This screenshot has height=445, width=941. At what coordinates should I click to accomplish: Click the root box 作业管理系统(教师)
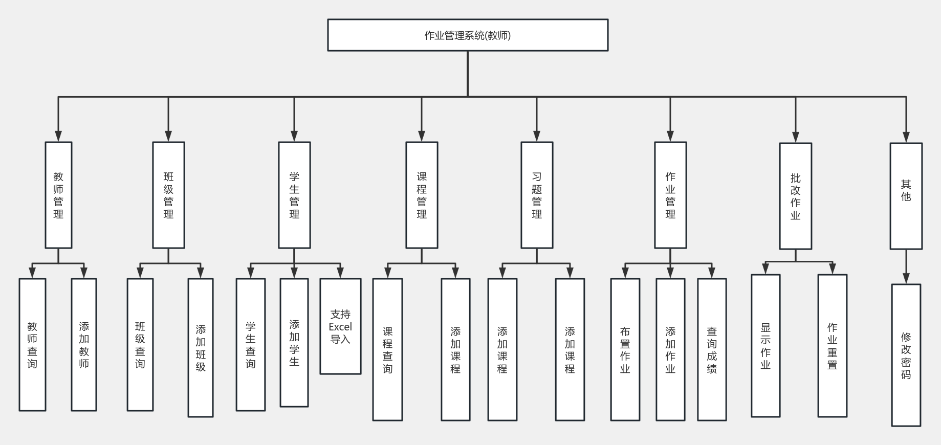point(468,35)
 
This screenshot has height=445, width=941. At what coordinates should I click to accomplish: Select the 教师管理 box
point(58,195)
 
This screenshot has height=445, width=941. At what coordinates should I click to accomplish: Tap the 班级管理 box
point(168,195)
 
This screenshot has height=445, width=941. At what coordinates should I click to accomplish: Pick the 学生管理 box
point(294,195)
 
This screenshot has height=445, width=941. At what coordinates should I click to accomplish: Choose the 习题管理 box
point(537,195)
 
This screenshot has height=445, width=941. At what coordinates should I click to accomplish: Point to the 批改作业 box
point(795,196)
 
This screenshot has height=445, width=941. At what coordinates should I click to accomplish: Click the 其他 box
point(906,196)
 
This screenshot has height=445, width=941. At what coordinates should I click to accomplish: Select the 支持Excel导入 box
point(340,326)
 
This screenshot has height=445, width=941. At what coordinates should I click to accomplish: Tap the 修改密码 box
point(906,355)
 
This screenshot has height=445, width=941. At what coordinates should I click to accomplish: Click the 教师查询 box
point(32,344)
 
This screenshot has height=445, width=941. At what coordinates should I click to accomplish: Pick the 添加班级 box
point(201,347)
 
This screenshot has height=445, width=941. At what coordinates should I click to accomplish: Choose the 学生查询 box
point(250,344)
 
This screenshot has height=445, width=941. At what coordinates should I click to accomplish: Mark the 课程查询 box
point(387,349)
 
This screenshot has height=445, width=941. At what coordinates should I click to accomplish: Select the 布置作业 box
point(625,349)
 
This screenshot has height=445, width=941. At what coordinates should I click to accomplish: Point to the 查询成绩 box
point(712,349)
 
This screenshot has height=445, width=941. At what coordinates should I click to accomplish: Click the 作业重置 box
point(832,345)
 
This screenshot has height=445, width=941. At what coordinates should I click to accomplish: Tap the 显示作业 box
point(765,345)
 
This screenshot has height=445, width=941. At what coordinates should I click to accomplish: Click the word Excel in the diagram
point(340,327)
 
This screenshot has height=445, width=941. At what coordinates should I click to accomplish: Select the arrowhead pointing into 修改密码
point(906,279)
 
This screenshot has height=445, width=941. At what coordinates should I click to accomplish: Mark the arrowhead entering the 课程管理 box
point(422,136)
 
